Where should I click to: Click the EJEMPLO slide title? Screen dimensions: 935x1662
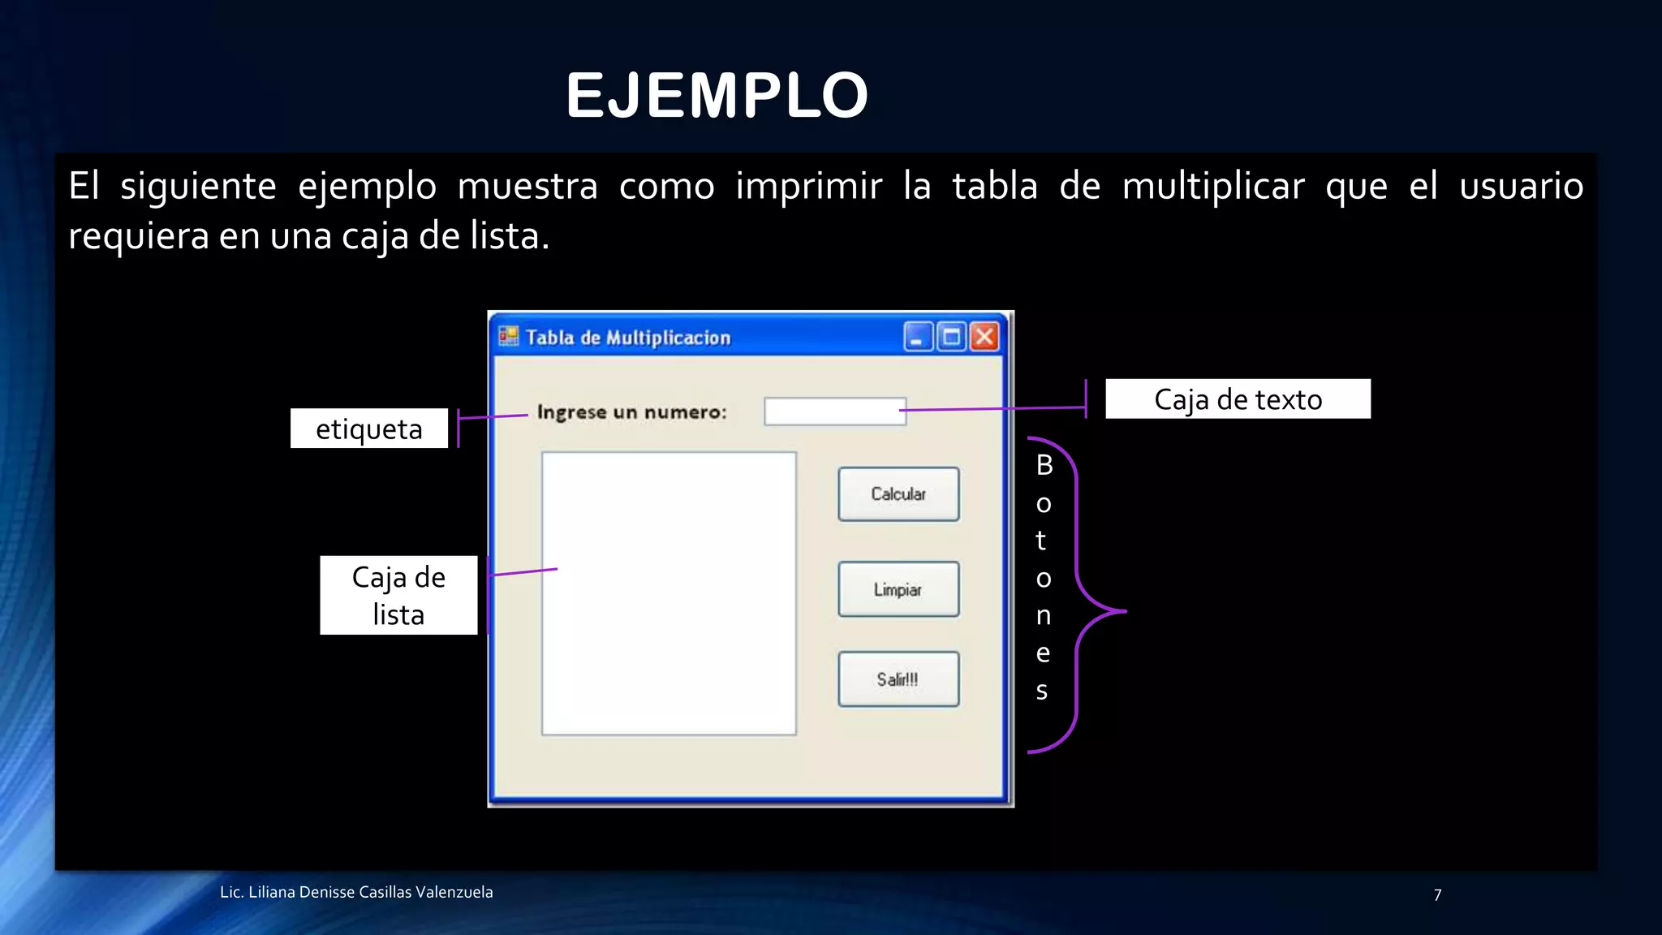pyautogui.click(x=717, y=96)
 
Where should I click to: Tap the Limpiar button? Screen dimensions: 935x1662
pyautogui.click(x=898, y=589)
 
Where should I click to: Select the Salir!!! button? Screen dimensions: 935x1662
pyautogui.click(x=898, y=679)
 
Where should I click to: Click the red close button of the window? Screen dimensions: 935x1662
pyautogui.click(x=984, y=337)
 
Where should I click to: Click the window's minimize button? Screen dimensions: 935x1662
pyautogui.click(x=918, y=337)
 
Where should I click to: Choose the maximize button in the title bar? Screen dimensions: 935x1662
pyautogui.click(x=951, y=337)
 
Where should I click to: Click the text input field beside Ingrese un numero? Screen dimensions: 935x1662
pyautogui.click(x=834, y=411)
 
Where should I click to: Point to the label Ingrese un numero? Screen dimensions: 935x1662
pyautogui.click(x=631, y=412)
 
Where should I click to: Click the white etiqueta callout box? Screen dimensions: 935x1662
pyautogui.click(x=369, y=429)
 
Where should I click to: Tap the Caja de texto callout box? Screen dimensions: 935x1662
pyautogui.click(x=1238, y=399)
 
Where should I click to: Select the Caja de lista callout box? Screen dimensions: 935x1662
pyautogui.click(x=398, y=596)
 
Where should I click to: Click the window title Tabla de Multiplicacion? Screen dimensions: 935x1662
pyautogui.click(x=628, y=338)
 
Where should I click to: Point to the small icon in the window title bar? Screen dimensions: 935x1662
pyautogui.click(x=509, y=336)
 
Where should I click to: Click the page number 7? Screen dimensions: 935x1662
pyautogui.click(x=1437, y=895)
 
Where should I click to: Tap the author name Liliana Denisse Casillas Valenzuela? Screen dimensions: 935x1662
pyautogui.click(x=370, y=892)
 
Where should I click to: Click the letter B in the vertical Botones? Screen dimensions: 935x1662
pyautogui.click(x=1044, y=465)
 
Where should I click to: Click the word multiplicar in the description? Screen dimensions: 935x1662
pyautogui.click(x=1213, y=187)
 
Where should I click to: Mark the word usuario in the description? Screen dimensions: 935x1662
pyautogui.click(x=1521, y=187)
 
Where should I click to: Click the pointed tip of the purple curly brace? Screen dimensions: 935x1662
pyautogui.click(x=1125, y=611)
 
